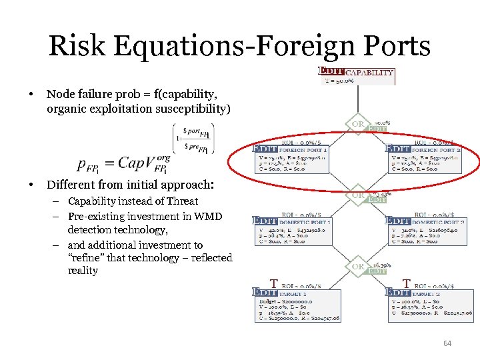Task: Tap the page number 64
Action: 447,343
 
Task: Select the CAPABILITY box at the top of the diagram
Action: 358,75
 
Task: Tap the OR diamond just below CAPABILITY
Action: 357,125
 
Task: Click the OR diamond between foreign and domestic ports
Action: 357,196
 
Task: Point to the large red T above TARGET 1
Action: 273,283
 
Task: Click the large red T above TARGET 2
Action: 407,283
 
